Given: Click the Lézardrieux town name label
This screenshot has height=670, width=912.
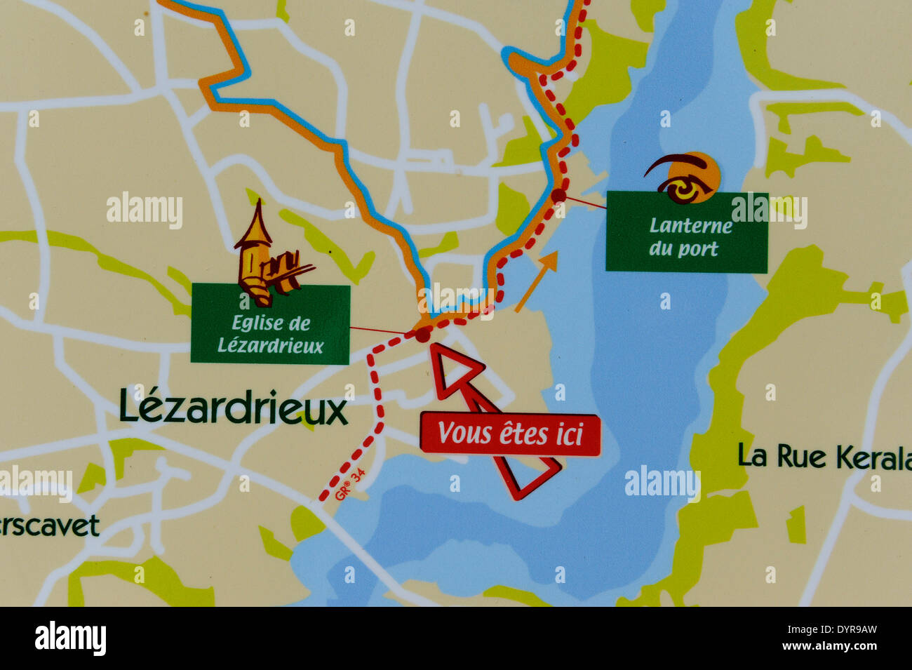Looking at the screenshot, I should (x=233, y=406).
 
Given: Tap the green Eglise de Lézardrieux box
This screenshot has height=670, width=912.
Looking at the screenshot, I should (x=270, y=324).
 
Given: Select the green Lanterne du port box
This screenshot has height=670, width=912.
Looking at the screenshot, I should (x=686, y=232).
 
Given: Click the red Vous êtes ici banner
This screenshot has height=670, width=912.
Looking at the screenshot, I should (x=510, y=434).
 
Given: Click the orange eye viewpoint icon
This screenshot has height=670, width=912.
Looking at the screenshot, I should (x=685, y=177).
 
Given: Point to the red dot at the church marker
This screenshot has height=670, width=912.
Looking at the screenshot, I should (x=422, y=335).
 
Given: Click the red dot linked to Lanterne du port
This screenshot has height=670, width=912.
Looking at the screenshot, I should (x=558, y=195).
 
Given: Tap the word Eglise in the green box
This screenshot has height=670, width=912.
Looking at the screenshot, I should (x=250, y=323).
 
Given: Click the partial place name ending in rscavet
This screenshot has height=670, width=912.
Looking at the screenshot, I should (x=49, y=526).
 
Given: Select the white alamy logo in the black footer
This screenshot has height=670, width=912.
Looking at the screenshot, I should (x=70, y=638).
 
